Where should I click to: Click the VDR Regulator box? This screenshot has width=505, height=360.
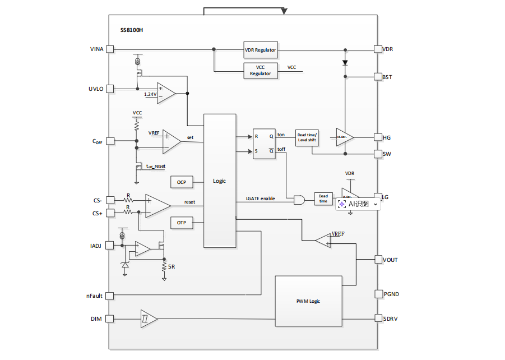click(261, 49)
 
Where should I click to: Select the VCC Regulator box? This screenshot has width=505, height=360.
click(261, 71)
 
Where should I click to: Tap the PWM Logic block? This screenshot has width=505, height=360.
click(308, 301)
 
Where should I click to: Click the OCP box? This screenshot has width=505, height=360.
click(181, 182)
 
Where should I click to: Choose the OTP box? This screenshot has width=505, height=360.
click(181, 223)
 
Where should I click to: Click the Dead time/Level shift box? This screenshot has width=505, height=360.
click(307, 138)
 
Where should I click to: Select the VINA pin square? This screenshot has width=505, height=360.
click(110, 49)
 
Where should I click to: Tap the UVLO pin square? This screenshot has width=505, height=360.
click(110, 89)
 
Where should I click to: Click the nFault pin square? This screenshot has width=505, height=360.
click(110, 296)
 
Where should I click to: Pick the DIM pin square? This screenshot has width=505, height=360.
click(110, 319)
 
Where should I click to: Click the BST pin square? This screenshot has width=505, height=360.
click(378, 77)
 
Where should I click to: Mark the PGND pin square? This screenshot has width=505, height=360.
click(378, 294)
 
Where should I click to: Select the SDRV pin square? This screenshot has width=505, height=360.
click(378, 319)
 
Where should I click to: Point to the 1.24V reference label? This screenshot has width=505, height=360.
click(150, 94)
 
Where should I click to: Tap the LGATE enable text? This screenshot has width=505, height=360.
click(261, 199)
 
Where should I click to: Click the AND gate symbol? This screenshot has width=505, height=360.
click(299, 200)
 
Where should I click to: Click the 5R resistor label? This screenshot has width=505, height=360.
click(172, 267)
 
